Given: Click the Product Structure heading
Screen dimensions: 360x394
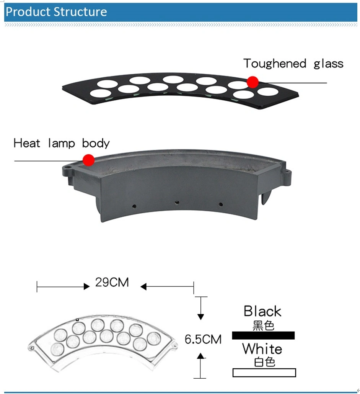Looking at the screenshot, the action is point(56,12).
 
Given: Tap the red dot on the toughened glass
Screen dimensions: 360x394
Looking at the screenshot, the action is point(252,82).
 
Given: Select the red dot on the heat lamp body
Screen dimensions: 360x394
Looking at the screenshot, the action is point(88,160).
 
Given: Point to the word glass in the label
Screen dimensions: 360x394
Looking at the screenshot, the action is point(328,64).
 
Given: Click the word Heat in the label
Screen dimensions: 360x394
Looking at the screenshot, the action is point(27,143).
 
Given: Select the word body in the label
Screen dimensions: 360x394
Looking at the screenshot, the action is point(96,144).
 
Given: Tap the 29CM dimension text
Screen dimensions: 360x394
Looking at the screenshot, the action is point(112,282).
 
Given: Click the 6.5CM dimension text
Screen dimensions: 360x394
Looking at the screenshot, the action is point(203,339).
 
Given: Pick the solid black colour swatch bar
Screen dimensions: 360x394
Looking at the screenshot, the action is point(263,335).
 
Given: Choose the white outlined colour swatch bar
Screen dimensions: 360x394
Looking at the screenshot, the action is point(264,373).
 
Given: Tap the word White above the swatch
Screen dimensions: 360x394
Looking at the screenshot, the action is point(262,349).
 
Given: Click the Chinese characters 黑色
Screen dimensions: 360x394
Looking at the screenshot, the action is point(263,325).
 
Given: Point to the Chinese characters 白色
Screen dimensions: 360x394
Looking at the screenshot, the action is point(265,362).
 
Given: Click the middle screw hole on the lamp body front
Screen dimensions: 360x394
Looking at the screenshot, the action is point(177,203).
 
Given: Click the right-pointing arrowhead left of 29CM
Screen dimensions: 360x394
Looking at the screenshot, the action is point(86,286).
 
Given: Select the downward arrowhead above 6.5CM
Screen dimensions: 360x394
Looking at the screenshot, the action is point(200,317).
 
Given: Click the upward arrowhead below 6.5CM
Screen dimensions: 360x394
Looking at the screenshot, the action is point(200,356).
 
